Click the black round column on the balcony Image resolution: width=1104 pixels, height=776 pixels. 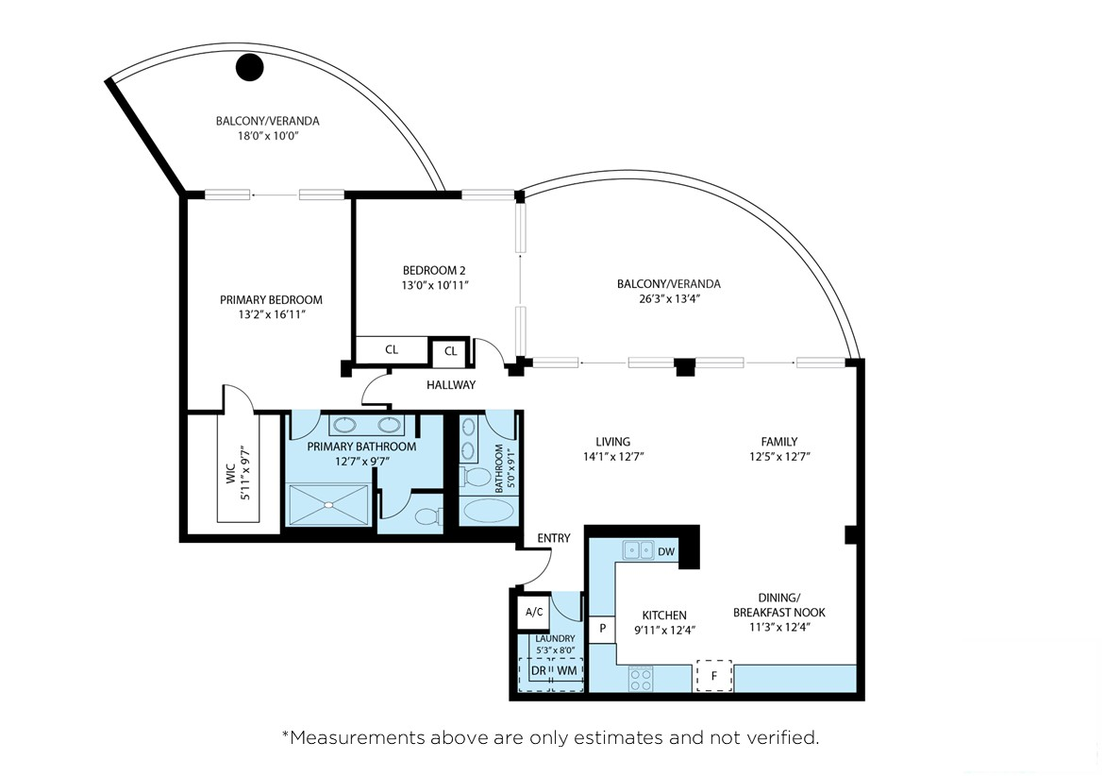click(x=249, y=66)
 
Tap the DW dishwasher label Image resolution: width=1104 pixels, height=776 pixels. click(x=665, y=552)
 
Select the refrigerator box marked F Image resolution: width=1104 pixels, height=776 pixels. click(x=714, y=676)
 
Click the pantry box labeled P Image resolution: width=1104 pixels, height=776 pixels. click(x=601, y=628)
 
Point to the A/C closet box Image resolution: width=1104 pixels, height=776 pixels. click(x=534, y=612)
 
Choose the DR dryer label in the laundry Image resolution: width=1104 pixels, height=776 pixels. click(x=538, y=670)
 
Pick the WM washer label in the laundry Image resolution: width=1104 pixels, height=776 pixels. click(x=566, y=670)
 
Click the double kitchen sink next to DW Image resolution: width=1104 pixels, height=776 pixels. click(x=637, y=550)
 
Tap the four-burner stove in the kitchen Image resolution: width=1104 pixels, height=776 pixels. click(x=641, y=677)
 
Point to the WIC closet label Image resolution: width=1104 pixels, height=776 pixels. click(x=229, y=473)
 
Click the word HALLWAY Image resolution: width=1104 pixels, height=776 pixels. click(x=451, y=385)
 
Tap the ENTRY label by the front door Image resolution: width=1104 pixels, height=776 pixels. click(x=554, y=538)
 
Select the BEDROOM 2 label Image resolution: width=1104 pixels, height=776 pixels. click(x=435, y=269)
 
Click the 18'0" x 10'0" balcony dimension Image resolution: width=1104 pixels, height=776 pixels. click(x=267, y=136)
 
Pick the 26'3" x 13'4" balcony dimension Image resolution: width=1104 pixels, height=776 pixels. click(x=668, y=298)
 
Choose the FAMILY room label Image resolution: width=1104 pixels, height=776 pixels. click(x=779, y=441)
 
